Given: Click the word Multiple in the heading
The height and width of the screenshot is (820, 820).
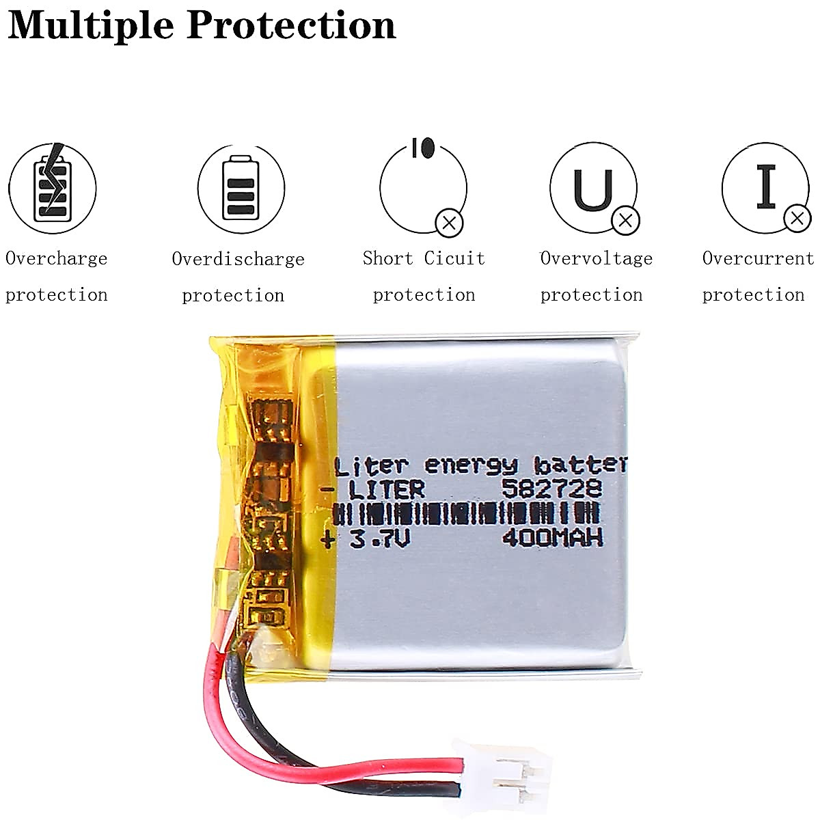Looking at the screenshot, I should (x=91, y=25).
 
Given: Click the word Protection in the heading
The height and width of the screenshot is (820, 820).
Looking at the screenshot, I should (x=291, y=25).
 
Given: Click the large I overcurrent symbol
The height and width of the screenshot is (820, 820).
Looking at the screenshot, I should (x=766, y=187).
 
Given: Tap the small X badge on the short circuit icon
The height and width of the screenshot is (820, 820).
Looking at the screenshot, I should (x=450, y=222).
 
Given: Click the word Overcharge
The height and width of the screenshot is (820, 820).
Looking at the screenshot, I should (x=57, y=258).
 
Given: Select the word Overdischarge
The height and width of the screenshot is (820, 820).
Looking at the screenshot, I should (x=238, y=259).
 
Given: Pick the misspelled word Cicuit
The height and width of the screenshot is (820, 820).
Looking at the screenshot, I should (x=454, y=258).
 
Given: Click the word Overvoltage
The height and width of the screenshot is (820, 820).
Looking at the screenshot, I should (x=597, y=258).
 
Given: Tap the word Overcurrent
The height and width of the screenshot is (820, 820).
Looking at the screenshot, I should (x=758, y=258).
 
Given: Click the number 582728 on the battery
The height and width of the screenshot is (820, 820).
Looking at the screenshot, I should (x=551, y=489).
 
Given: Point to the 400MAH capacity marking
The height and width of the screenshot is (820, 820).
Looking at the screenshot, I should (x=553, y=538).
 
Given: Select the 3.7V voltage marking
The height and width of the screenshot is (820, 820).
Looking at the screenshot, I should (x=380, y=540).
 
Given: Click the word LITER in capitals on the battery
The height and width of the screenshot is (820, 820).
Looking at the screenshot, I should (x=386, y=489).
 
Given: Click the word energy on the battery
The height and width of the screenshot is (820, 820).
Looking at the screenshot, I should (x=471, y=465).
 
